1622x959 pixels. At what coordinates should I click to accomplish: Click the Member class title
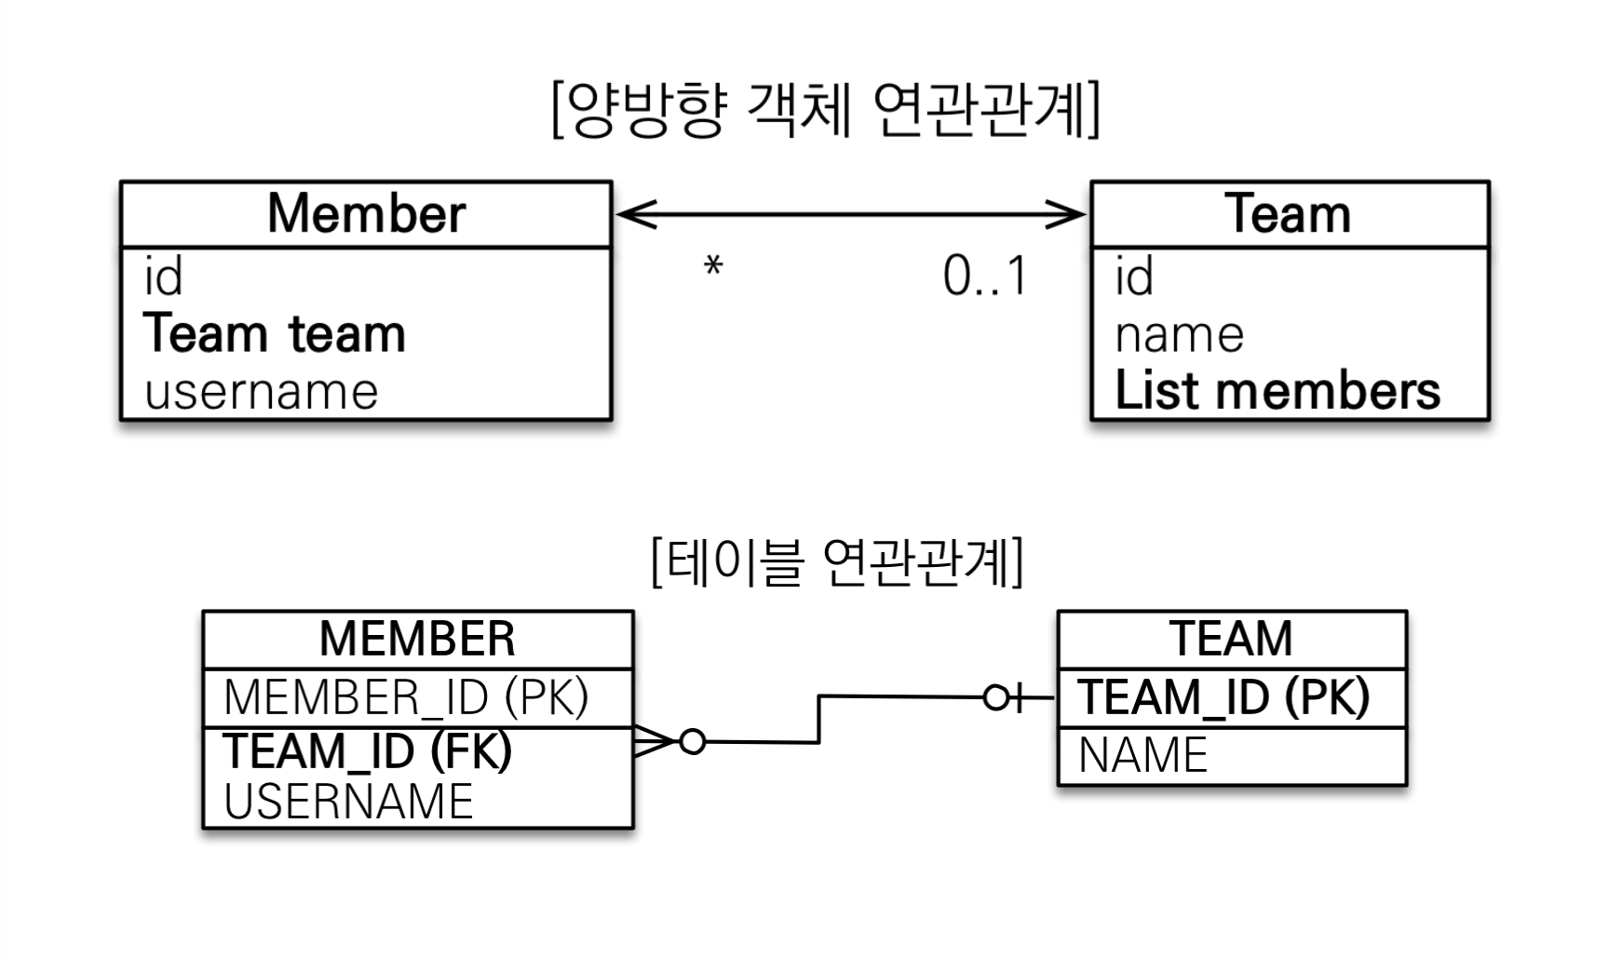pyautogui.click(x=366, y=214)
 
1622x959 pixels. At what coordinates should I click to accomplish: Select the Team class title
pyautogui.click(x=1288, y=214)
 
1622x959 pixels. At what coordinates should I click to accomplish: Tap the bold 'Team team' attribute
pyautogui.click(x=275, y=333)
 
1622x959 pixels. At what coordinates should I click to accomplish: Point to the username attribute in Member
pyautogui.click(x=262, y=392)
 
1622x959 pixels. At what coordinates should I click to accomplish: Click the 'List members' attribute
pyautogui.click(x=1277, y=391)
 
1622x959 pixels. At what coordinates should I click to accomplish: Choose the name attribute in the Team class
pyautogui.click(x=1180, y=335)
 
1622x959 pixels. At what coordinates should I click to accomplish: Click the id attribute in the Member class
pyautogui.click(x=163, y=277)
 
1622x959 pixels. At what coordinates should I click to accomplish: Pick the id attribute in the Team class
pyautogui.click(x=1134, y=277)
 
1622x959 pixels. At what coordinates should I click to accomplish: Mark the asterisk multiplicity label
pyautogui.click(x=713, y=268)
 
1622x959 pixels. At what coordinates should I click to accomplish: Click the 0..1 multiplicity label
pyautogui.click(x=985, y=277)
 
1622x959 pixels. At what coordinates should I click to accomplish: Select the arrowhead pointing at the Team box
pyautogui.click(x=1065, y=214)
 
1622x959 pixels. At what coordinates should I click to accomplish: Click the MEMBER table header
pyautogui.click(x=417, y=639)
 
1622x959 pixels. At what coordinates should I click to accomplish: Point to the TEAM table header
pyautogui.click(x=1231, y=639)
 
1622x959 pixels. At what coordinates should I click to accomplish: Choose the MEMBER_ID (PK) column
pyautogui.click(x=406, y=697)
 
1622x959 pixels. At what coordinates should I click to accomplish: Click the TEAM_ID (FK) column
pyautogui.click(x=368, y=751)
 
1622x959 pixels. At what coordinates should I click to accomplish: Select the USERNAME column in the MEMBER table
pyautogui.click(x=348, y=802)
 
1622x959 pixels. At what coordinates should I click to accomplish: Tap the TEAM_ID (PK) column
pyautogui.click(x=1223, y=697)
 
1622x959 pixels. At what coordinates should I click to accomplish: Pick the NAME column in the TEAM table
pyautogui.click(x=1142, y=755)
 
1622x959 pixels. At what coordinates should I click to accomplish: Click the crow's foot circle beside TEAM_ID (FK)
pyautogui.click(x=693, y=742)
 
